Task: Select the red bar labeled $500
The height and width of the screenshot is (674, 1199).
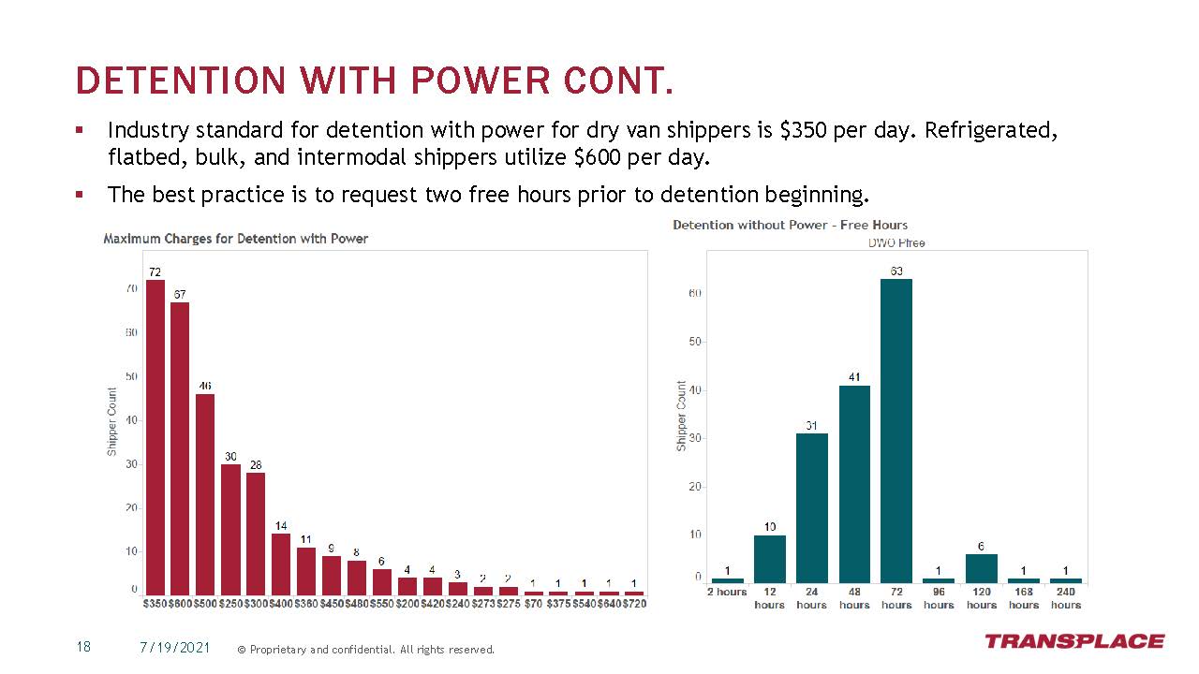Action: tap(205, 494)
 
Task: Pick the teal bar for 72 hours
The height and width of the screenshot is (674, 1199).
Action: tap(896, 431)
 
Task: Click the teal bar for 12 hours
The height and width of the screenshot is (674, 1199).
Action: tap(770, 559)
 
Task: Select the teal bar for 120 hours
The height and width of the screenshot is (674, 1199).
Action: tap(982, 568)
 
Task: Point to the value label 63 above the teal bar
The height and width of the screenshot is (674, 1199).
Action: tap(896, 271)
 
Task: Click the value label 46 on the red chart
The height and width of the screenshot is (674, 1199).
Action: tap(205, 386)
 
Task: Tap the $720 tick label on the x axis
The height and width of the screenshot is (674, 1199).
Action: tap(634, 605)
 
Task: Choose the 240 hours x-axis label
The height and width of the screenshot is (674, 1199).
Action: tap(1066, 598)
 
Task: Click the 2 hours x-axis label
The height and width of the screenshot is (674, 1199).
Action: tap(727, 592)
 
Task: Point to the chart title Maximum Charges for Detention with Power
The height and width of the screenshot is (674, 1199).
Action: tap(235, 239)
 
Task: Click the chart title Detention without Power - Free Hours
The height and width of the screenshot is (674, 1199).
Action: tap(790, 225)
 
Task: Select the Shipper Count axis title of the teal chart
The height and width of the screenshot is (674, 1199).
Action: tap(682, 416)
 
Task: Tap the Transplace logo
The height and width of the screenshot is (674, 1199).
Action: tap(1073, 641)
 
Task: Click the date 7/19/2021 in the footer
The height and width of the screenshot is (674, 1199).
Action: tap(175, 648)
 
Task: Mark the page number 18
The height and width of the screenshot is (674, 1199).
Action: tap(83, 648)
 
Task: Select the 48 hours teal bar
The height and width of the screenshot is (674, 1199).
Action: tap(854, 484)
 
